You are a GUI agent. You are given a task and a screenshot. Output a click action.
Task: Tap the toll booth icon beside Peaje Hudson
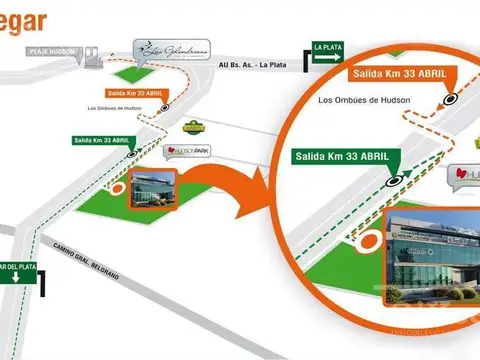click(x=91, y=57)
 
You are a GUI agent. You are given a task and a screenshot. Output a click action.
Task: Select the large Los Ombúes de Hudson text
click(x=366, y=101)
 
